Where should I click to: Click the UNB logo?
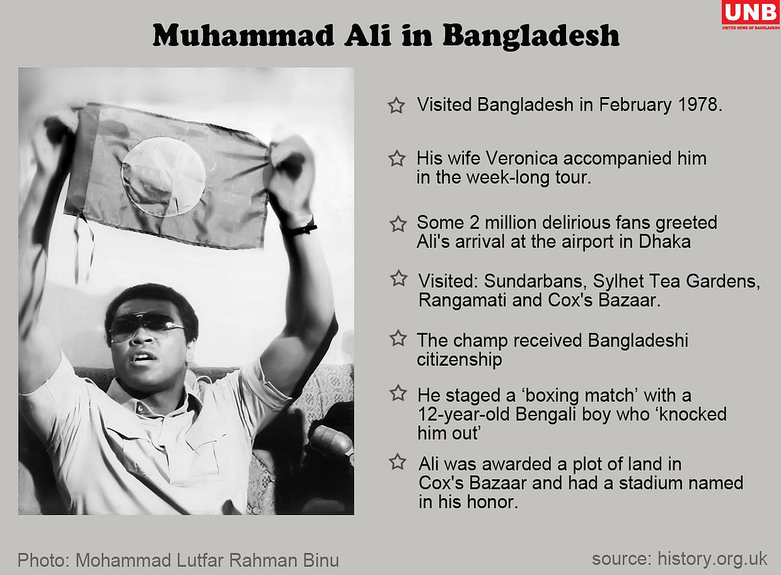[x=750, y=15]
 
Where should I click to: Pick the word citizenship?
[x=459, y=359]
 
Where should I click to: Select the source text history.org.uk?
[x=713, y=558]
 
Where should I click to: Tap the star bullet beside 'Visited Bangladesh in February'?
[x=396, y=105]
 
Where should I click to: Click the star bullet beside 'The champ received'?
[x=397, y=339]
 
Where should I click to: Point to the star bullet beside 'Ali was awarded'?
[x=397, y=462]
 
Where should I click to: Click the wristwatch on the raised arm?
[x=301, y=228]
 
